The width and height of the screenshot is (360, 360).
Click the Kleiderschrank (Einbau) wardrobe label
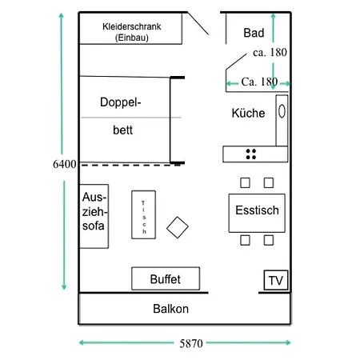[132, 32]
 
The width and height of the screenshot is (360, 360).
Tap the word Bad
[254, 33]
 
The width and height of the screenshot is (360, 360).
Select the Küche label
[248, 113]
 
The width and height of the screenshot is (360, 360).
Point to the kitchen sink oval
[282, 111]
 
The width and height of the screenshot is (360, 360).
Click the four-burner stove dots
[251, 154]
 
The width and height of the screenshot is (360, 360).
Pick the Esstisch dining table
[257, 213]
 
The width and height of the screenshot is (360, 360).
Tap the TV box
[276, 280]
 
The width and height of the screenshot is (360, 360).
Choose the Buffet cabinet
[166, 278]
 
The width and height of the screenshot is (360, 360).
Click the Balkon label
[170, 309]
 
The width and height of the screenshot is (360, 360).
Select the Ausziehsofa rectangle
[94, 216]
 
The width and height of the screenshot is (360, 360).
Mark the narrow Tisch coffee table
[144, 214]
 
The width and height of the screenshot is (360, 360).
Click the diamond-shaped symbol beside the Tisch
[178, 227]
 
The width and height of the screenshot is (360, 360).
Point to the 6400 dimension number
[65, 164]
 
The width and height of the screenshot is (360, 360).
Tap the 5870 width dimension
[191, 343]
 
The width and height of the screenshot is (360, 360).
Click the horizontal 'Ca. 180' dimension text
[259, 82]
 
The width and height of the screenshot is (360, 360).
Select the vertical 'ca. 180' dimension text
[270, 52]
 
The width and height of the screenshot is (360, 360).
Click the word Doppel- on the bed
[121, 102]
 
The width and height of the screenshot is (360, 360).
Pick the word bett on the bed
[122, 130]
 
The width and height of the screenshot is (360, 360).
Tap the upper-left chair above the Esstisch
[245, 183]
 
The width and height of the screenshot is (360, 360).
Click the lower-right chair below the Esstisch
[269, 240]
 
